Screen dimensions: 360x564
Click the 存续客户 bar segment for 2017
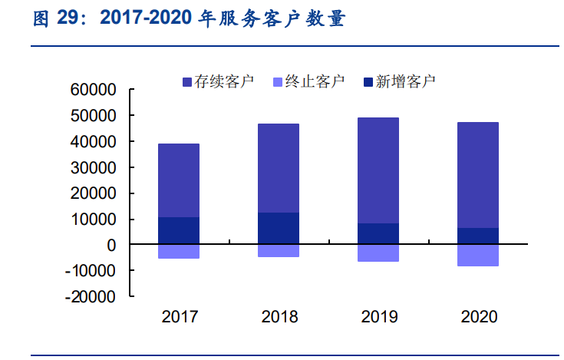pyautogui.click(x=179, y=180)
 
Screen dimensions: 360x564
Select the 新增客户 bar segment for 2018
pyautogui.click(x=279, y=229)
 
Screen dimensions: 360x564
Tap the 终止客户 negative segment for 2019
pyautogui.click(x=378, y=253)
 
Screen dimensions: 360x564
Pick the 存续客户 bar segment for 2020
pyautogui.click(x=478, y=175)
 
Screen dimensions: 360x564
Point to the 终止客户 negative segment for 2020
pyautogui.click(x=478, y=256)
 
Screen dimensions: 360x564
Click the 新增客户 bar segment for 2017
pyautogui.click(x=179, y=231)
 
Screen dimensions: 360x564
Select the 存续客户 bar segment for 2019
pyautogui.click(x=378, y=170)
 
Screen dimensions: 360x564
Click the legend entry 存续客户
pyautogui.click(x=217, y=81)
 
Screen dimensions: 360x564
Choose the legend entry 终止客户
pyautogui.click(x=306, y=81)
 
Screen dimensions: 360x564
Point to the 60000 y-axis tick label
pyautogui.click(x=93, y=90)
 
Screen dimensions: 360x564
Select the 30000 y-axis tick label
pyautogui.click(x=93, y=167)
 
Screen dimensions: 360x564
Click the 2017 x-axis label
pyautogui.click(x=180, y=316)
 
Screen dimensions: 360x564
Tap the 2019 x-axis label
pyautogui.click(x=379, y=316)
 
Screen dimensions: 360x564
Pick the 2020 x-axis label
pyautogui.click(x=479, y=316)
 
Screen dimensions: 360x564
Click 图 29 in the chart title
pyautogui.click(x=58, y=20)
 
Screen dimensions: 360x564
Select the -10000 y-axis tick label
pyautogui.click(x=91, y=271)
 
